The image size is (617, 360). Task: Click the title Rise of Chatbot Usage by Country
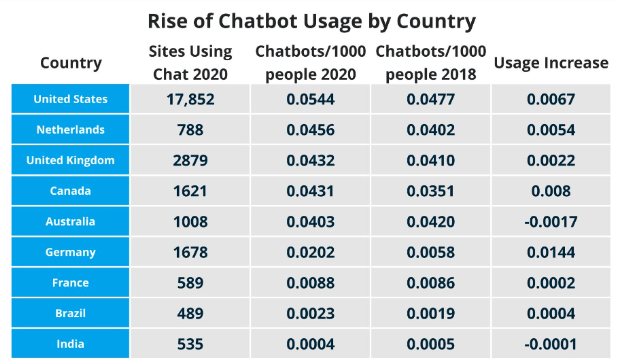click(x=311, y=21)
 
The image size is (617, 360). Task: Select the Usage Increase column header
click(x=550, y=63)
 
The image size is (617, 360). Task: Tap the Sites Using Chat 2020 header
click(x=190, y=62)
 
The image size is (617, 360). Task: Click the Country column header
click(x=71, y=63)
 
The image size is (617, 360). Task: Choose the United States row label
click(x=70, y=99)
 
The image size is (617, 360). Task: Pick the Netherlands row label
click(x=70, y=130)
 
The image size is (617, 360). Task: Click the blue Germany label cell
click(x=70, y=253)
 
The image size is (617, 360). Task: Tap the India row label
click(x=70, y=344)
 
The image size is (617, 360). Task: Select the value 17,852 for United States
click(x=190, y=99)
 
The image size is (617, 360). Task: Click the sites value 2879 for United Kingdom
click(x=190, y=161)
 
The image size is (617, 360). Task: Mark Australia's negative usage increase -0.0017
click(x=550, y=222)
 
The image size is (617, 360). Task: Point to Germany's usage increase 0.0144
click(x=550, y=253)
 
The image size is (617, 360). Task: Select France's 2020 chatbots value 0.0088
click(x=310, y=283)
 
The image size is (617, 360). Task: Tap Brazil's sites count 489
click(x=190, y=314)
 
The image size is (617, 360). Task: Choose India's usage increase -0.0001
click(x=550, y=344)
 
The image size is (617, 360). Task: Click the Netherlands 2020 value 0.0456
click(x=310, y=130)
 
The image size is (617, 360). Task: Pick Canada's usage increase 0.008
click(x=550, y=191)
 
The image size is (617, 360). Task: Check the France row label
click(x=70, y=283)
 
